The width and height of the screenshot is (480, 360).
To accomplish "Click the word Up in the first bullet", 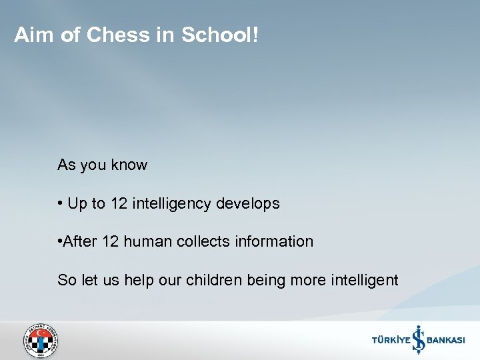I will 78,204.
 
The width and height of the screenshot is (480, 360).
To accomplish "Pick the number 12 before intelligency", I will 119,204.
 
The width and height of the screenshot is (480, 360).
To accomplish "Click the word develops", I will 248,204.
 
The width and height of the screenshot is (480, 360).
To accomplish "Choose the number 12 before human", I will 111,242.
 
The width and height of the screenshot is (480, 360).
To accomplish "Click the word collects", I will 203,242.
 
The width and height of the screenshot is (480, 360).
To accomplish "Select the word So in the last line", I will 67,280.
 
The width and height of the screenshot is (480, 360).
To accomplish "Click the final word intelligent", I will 364,280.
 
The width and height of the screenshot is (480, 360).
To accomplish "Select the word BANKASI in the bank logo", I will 445,341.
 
